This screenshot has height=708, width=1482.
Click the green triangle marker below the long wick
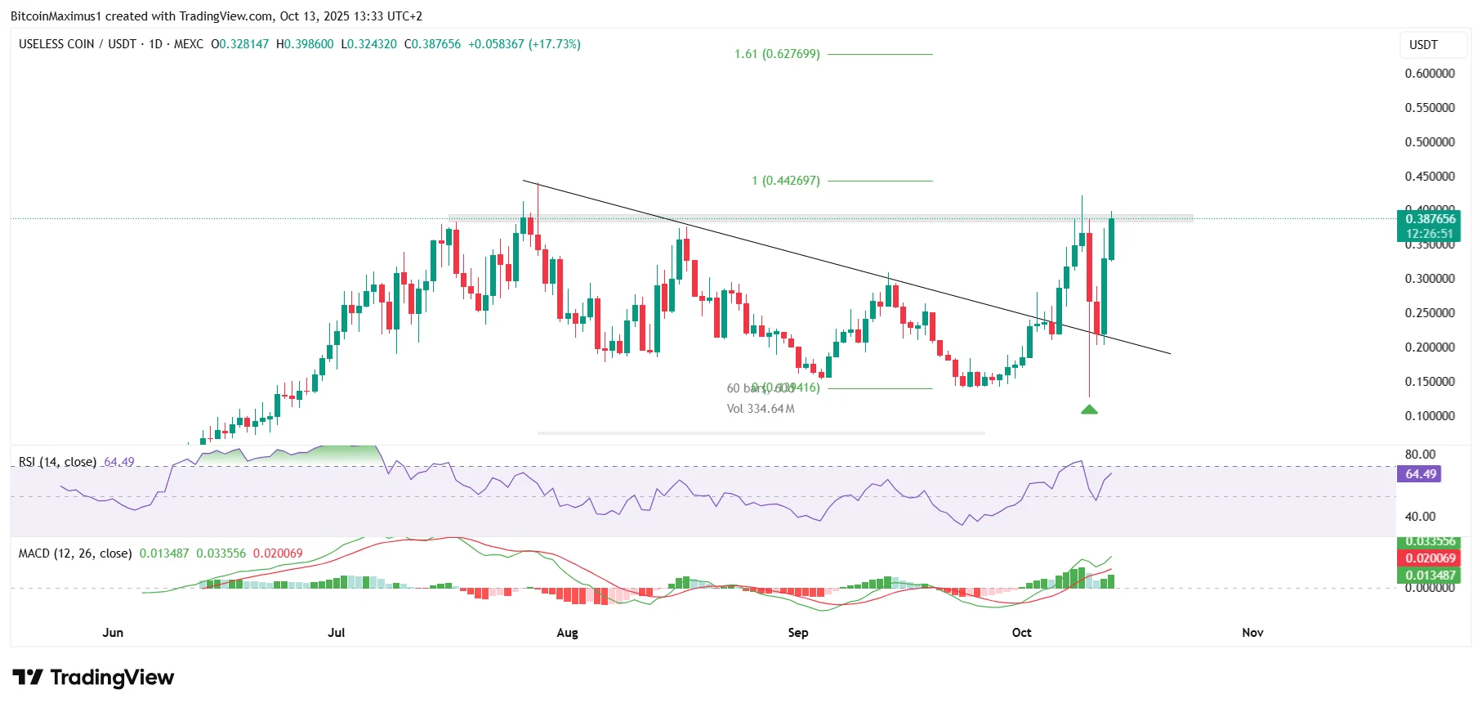(x=1089, y=409)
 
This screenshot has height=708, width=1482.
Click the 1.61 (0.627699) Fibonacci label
(x=776, y=54)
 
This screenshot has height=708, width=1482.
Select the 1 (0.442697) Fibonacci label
(x=785, y=181)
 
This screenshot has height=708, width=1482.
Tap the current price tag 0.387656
(x=1430, y=219)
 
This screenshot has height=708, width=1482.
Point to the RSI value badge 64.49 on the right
(x=1421, y=474)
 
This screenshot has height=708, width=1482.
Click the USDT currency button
(x=1423, y=45)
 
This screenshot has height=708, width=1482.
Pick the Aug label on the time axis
(x=567, y=633)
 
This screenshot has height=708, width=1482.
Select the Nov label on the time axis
(x=1252, y=633)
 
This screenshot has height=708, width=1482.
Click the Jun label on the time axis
(x=113, y=633)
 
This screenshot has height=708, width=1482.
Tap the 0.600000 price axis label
(x=1430, y=74)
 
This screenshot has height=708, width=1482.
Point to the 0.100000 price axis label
(x=1430, y=416)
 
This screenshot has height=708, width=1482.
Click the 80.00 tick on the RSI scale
(x=1420, y=455)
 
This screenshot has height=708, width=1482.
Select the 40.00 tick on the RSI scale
(x=1420, y=517)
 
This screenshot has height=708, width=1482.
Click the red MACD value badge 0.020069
(x=1430, y=558)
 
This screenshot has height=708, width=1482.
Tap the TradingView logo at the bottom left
(x=94, y=678)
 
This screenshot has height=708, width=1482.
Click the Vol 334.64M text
(x=761, y=409)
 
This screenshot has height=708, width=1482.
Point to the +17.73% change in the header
(x=555, y=44)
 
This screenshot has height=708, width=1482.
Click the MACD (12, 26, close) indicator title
(x=75, y=553)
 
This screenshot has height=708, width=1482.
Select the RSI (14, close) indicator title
(x=57, y=462)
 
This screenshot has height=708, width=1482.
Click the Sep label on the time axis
(x=797, y=633)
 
